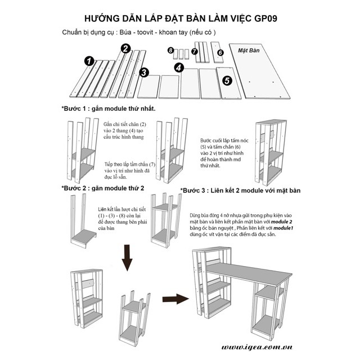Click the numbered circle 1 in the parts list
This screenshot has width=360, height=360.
click(x=88, y=60)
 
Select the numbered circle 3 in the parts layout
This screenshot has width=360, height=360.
click(x=144, y=72)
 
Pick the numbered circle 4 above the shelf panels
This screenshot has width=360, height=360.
click(x=179, y=67)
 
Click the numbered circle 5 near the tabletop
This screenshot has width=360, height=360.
click(x=227, y=80)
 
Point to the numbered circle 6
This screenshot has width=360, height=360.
click(x=220, y=52)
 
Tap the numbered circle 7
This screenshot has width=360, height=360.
click(x=195, y=51)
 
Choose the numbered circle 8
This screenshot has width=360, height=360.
click(x=170, y=51)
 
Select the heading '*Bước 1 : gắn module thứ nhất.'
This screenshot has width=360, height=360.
click(x=108, y=108)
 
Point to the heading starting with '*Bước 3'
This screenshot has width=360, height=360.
click(x=240, y=191)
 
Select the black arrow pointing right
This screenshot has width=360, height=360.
click(x=175, y=298)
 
